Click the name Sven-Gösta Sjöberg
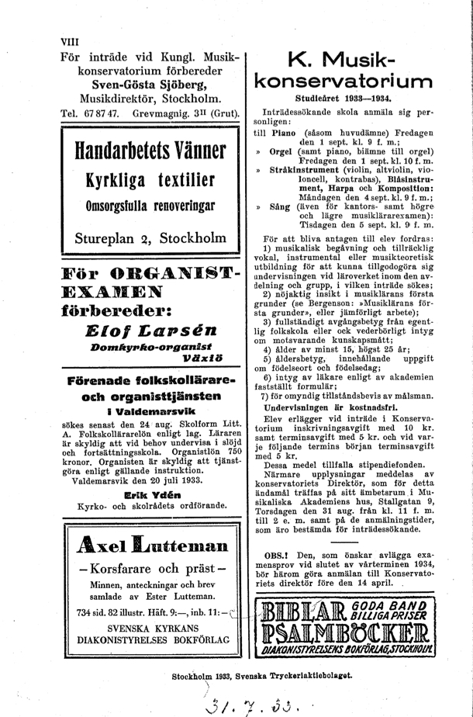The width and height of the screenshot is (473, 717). click(150, 84)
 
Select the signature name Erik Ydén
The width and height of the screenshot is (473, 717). click(150, 494)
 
